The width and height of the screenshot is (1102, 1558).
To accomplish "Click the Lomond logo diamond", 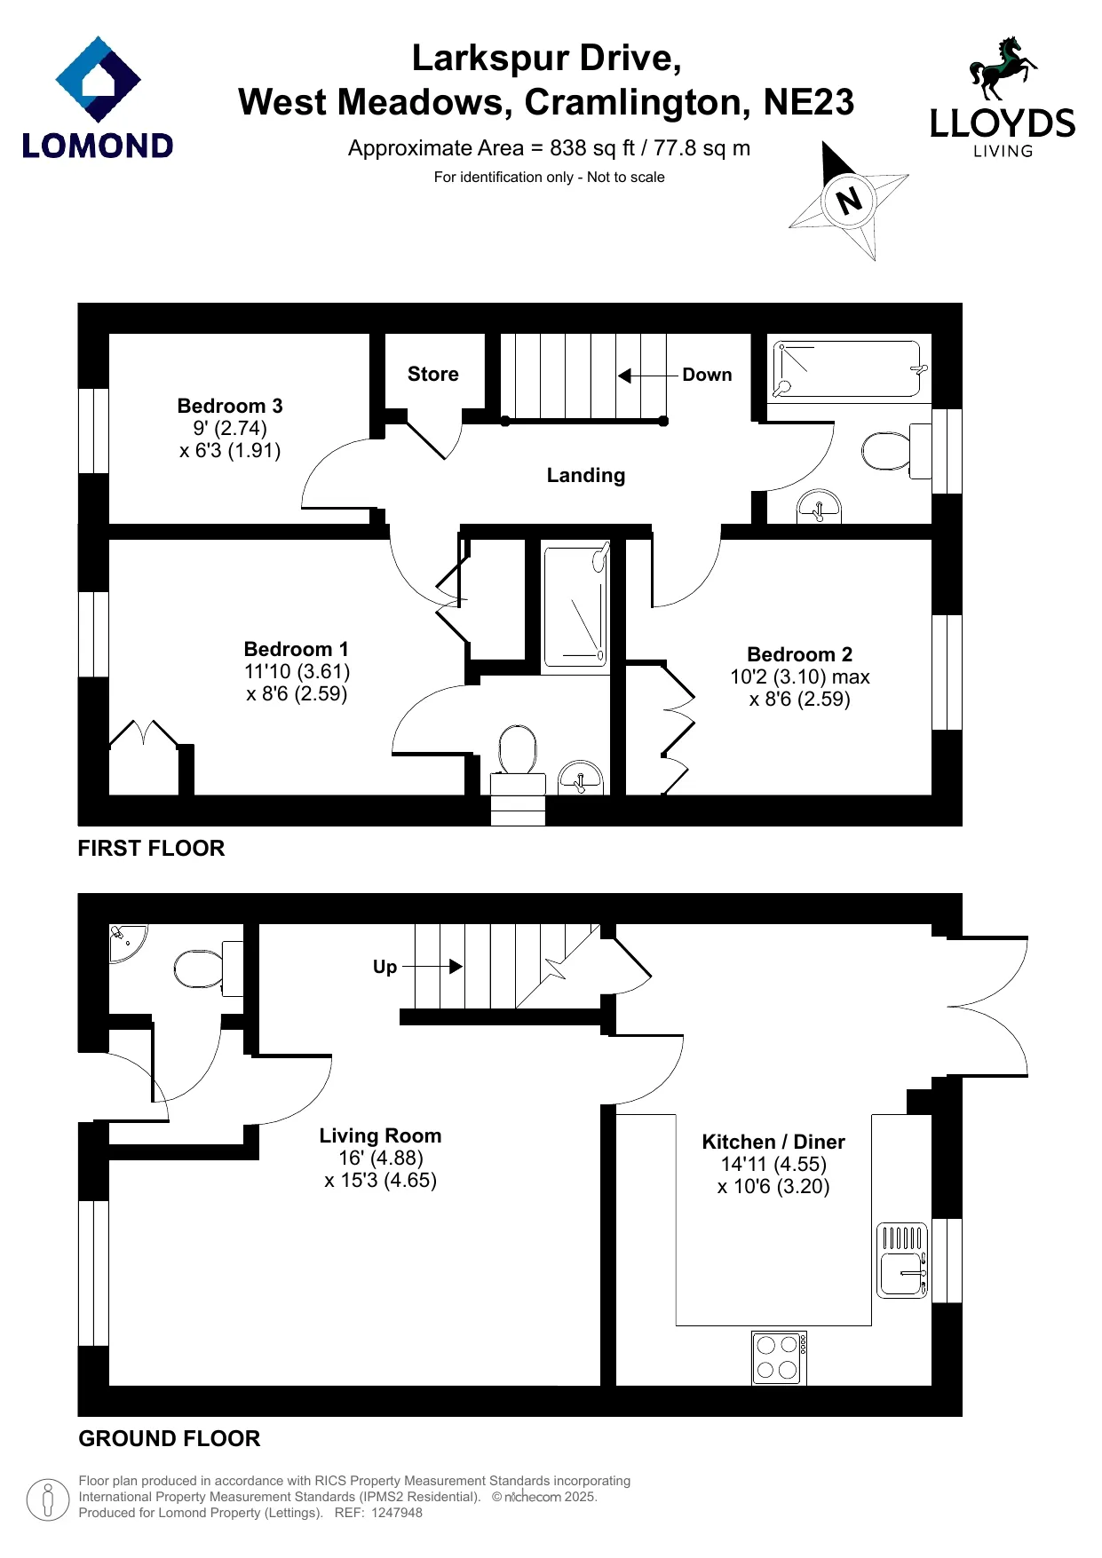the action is click(98, 79).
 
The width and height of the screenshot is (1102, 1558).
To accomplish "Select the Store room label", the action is click(433, 374).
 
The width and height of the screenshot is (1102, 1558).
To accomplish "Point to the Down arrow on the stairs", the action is click(648, 376).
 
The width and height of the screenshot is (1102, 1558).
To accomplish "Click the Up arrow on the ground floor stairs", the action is click(432, 966).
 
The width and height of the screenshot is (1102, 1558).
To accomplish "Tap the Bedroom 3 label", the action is click(230, 406).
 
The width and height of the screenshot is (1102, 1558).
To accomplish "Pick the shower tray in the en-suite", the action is click(576, 605).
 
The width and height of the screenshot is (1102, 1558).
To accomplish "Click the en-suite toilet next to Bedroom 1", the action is click(519, 759).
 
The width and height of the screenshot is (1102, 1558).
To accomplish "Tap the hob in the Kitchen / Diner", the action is click(779, 1357).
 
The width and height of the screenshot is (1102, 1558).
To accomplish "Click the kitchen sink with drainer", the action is click(902, 1261).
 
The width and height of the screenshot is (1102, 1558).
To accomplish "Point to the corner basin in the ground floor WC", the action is click(125, 942).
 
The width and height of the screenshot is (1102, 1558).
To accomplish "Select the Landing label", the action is click(586, 475).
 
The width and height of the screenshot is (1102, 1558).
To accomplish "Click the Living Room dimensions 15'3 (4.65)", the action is click(381, 1181).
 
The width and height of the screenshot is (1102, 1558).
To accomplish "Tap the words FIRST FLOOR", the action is click(151, 848).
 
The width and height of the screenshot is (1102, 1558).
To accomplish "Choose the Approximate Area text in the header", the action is click(549, 148).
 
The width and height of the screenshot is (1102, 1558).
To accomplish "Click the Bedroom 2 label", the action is click(799, 654).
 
